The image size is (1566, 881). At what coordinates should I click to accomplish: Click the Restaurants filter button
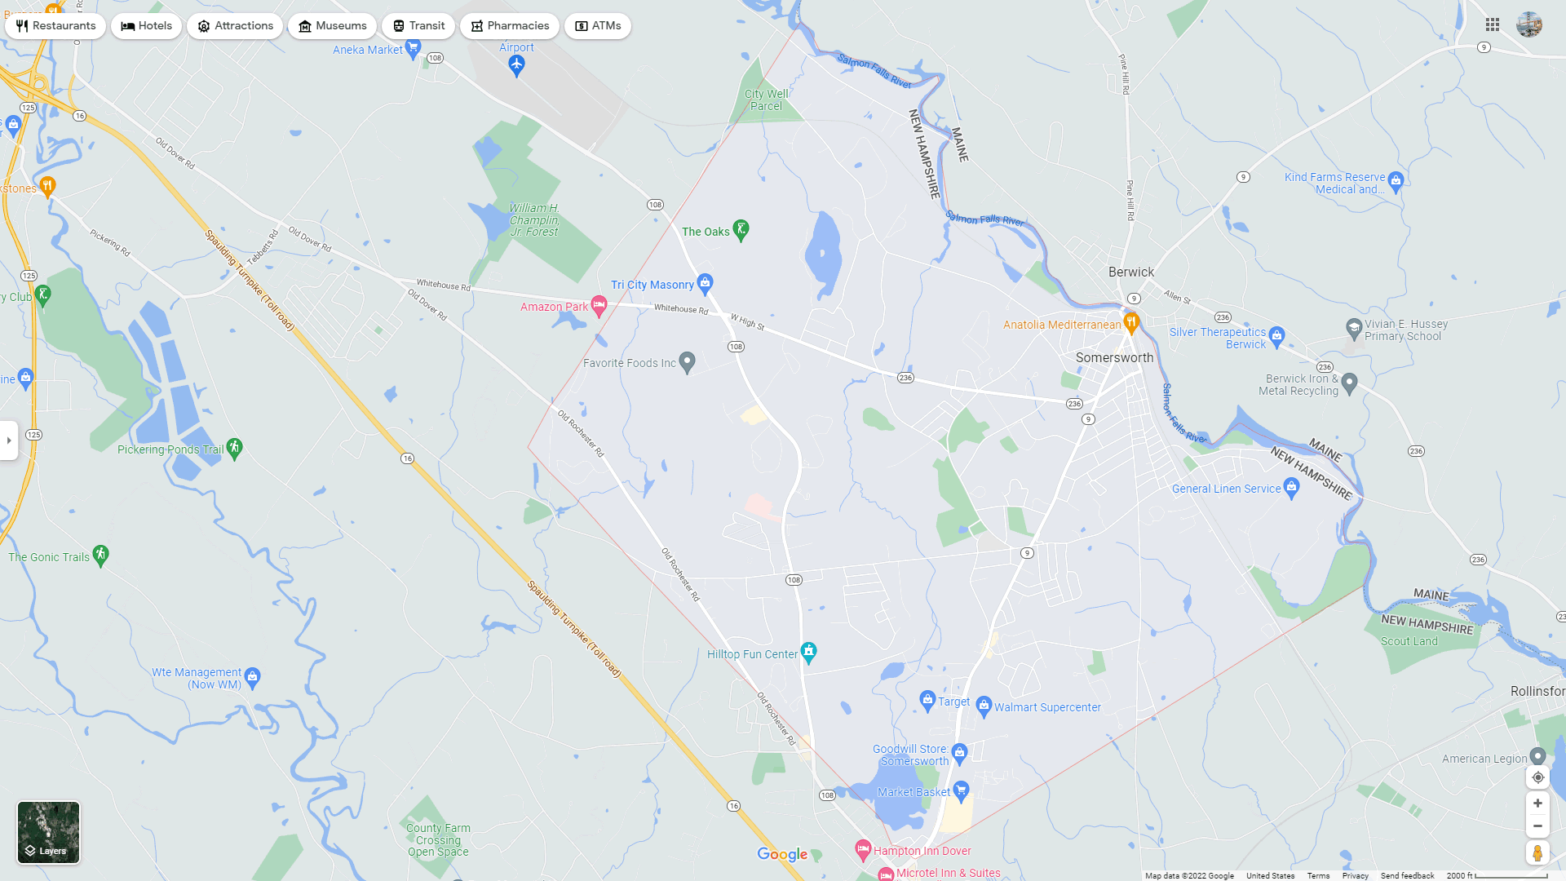click(x=55, y=26)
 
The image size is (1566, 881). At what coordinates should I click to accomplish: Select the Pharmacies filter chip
click(x=509, y=26)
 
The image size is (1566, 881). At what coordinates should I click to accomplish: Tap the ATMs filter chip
click(x=597, y=26)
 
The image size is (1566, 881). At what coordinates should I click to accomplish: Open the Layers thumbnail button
click(x=49, y=832)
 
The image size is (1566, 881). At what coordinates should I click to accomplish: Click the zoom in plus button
click(x=1537, y=804)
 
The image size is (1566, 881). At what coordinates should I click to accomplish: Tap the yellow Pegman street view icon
click(x=1537, y=853)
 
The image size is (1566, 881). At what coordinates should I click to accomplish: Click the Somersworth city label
click(x=1114, y=358)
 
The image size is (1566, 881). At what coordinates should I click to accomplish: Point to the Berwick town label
click(x=1130, y=272)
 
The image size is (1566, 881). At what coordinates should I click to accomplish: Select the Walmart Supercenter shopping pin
click(x=984, y=705)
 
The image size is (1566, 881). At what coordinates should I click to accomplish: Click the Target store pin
click(x=927, y=699)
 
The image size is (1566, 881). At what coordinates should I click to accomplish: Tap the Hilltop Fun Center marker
click(x=808, y=651)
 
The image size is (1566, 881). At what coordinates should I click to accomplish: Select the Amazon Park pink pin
click(x=599, y=306)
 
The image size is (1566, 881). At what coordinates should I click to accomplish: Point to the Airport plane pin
click(x=516, y=64)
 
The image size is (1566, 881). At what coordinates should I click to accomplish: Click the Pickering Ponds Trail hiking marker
click(x=235, y=447)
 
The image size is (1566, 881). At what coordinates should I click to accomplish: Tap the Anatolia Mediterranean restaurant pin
click(x=1131, y=322)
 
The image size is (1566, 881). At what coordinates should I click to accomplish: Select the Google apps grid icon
click(x=1493, y=25)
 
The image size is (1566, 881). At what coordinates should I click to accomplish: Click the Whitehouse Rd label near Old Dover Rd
click(x=444, y=286)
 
